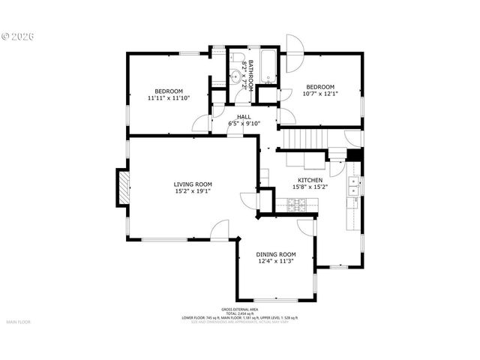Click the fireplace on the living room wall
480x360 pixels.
[122, 188]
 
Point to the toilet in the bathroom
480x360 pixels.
[234, 58]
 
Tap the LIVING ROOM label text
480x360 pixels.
[193, 184]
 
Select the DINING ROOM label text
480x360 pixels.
[276, 254]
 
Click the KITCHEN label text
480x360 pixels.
[310, 181]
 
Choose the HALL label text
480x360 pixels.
[244, 117]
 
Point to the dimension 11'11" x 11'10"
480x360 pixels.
[169, 97]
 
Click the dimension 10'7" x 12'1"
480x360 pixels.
[319, 94]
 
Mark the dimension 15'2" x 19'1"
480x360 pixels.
[193, 191]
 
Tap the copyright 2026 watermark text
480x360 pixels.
[19, 35]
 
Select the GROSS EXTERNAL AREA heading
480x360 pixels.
[239, 309]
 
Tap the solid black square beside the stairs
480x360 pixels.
[354, 154]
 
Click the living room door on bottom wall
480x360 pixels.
[220, 232]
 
